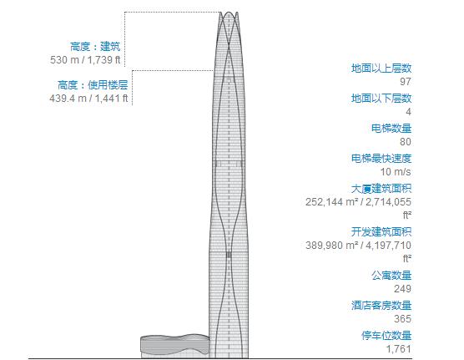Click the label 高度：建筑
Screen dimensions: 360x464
point(95,47)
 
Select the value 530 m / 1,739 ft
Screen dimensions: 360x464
point(85,60)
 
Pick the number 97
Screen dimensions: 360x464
point(406,81)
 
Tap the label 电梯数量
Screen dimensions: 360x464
point(391,128)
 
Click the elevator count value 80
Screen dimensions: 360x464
point(406,141)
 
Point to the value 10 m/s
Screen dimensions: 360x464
point(397,171)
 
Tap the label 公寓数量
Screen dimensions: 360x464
point(391,275)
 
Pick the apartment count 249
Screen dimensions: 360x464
point(403,288)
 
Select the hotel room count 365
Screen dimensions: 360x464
point(403,318)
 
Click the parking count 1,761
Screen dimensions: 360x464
point(398,348)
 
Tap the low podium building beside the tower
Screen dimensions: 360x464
point(172,345)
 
